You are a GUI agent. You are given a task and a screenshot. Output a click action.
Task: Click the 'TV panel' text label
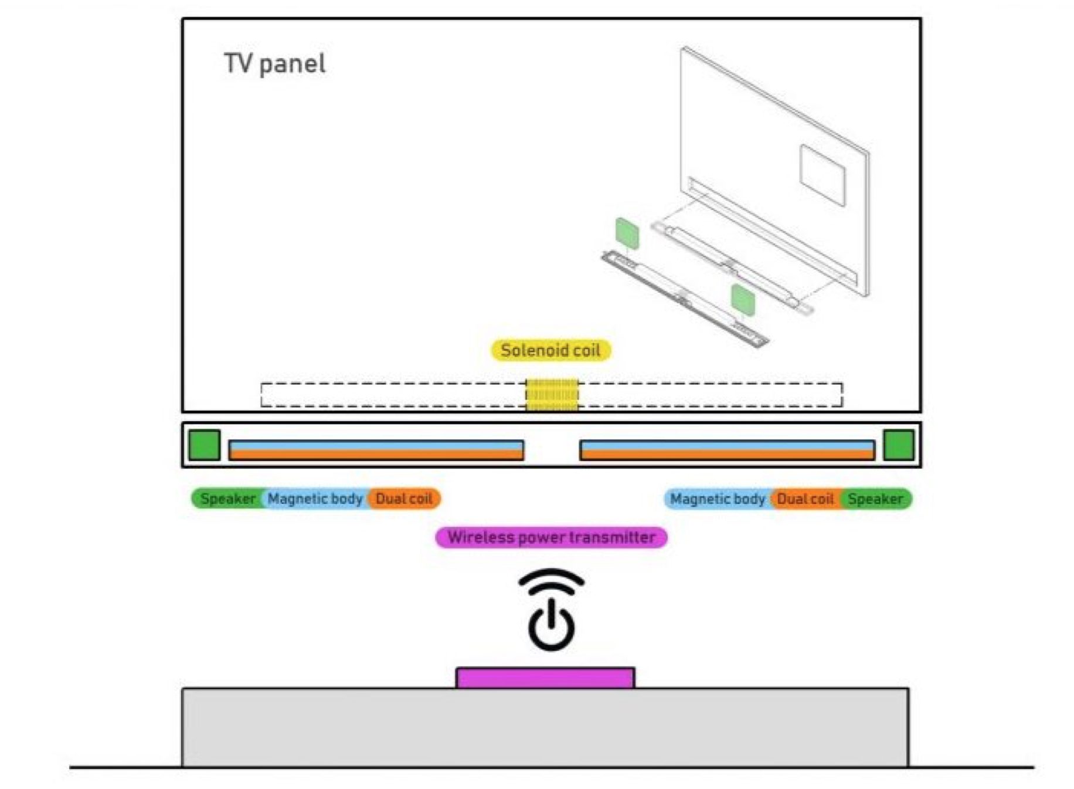coord(274,63)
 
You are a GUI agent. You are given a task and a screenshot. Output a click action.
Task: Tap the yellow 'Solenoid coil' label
coord(550,350)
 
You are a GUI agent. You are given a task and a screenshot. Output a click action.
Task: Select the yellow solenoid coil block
coord(552,394)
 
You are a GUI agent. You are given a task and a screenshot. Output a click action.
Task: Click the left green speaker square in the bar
coord(204,445)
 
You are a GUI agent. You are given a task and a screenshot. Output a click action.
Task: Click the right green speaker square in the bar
coord(898,445)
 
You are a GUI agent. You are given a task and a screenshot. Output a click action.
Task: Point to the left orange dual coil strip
coord(376,455)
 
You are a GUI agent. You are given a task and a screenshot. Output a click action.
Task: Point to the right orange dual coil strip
coord(726,455)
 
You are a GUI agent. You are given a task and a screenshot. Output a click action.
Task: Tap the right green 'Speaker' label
coord(876,499)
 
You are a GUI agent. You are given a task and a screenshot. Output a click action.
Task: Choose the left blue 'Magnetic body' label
coord(315,499)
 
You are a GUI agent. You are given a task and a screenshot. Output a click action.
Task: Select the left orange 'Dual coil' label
coord(404,499)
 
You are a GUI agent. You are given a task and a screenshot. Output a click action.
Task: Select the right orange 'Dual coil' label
coord(805,499)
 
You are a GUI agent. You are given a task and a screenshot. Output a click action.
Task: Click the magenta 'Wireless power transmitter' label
coord(551,537)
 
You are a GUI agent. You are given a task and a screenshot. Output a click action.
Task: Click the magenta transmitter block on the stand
coord(545,678)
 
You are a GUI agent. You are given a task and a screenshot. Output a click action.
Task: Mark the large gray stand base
coord(545,727)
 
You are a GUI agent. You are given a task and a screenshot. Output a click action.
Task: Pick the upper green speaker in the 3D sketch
coord(627,232)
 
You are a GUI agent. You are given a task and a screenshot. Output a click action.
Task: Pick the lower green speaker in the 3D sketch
coord(743,299)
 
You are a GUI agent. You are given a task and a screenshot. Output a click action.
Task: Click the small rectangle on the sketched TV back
coord(823,175)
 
